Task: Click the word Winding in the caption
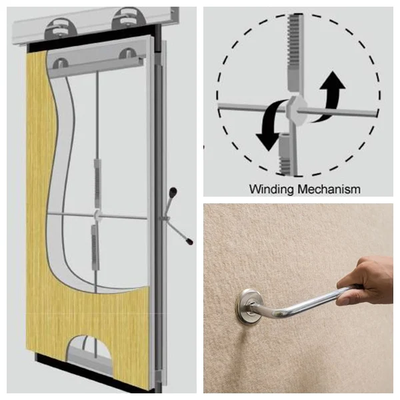(271, 189)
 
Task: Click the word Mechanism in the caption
(329, 189)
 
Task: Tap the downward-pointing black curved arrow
(271, 125)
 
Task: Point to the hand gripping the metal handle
(365, 281)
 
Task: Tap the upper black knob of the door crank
(173, 191)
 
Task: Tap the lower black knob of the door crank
(189, 241)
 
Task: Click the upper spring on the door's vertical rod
(98, 183)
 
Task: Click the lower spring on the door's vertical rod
(95, 246)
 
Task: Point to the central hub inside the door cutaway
(97, 215)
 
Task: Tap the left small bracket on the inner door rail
(61, 63)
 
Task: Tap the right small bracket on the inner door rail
(127, 53)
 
